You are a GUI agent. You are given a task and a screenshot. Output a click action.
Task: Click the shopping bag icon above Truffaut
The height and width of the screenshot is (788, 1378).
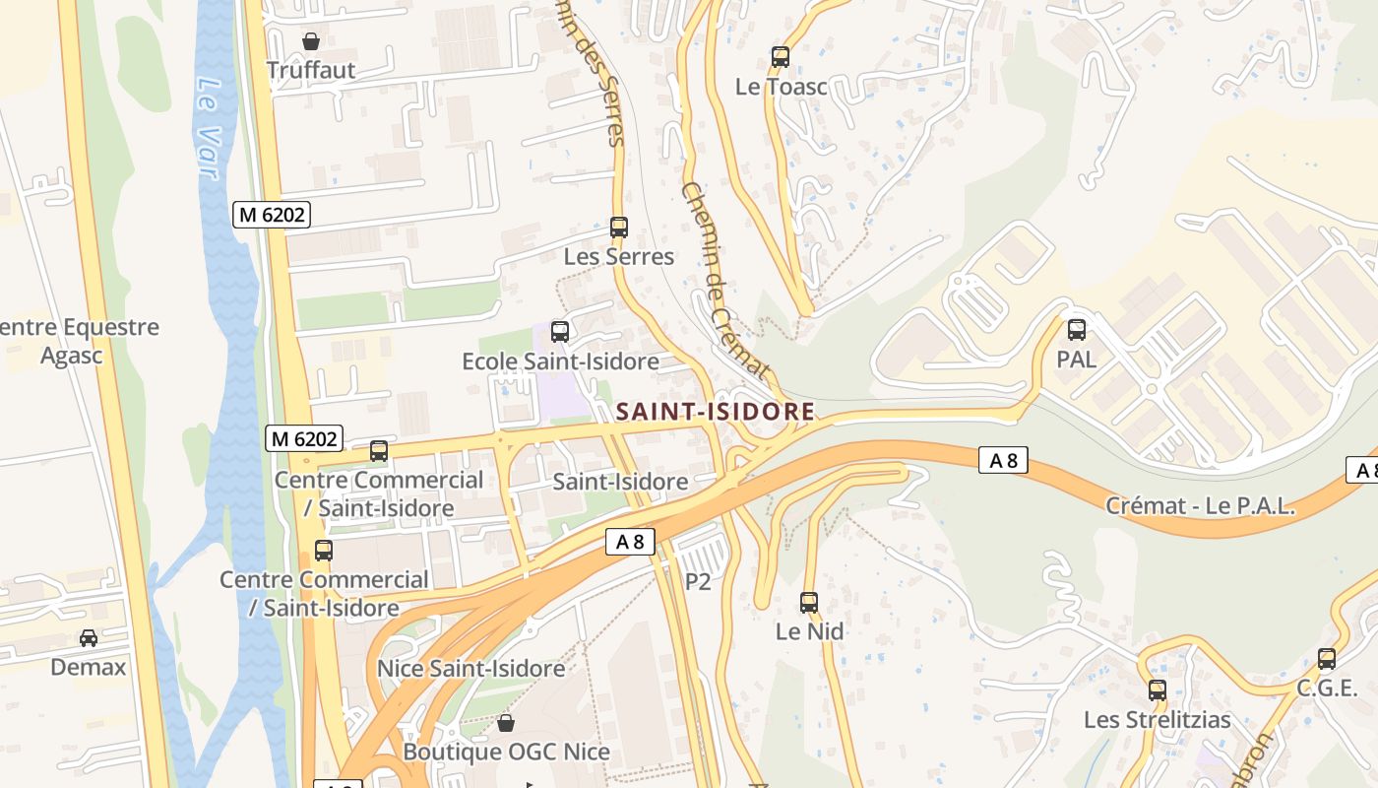[x=311, y=41]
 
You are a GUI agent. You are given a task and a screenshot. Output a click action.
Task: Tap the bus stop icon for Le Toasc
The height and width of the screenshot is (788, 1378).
[x=781, y=57]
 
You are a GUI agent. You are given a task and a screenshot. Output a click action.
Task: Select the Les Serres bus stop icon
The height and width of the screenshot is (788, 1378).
[x=619, y=228]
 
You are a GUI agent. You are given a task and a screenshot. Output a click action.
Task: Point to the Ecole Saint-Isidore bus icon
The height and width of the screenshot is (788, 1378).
[x=560, y=332]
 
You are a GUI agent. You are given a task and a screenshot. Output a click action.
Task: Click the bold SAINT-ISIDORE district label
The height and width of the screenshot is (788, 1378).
[x=716, y=412]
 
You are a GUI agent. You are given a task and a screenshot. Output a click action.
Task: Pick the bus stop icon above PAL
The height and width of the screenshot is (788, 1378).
[x=1077, y=330]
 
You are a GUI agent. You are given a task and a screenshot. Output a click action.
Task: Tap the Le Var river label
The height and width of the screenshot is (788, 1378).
[x=206, y=127]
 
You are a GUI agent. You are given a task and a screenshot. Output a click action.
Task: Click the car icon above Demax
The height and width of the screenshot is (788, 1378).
[x=89, y=638]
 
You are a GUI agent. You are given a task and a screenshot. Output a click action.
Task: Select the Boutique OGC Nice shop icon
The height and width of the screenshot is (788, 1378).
[x=506, y=724]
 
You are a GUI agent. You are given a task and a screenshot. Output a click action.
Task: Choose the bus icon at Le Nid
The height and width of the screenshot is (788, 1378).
[x=809, y=602]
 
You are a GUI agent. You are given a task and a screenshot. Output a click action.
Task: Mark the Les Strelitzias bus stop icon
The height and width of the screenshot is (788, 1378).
[x=1158, y=690]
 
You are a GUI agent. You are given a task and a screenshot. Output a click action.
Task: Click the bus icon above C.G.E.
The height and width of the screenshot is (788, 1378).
[x=1327, y=659]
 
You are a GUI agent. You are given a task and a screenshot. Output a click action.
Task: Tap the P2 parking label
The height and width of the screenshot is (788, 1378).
[x=698, y=581]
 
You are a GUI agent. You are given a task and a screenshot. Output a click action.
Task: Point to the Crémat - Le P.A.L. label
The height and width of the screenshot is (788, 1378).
[x=1200, y=506]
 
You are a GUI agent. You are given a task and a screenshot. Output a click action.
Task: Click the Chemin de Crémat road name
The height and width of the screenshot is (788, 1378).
[x=723, y=280]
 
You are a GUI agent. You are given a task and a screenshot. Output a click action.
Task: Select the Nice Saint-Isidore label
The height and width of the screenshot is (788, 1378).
[x=471, y=669]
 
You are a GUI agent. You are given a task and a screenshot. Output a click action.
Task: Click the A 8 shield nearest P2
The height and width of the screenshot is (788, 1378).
[x=630, y=541]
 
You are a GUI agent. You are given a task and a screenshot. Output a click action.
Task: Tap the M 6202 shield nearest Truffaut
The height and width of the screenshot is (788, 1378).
[x=271, y=214]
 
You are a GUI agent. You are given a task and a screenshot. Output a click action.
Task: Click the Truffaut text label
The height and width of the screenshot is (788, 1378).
[x=311, y=71]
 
